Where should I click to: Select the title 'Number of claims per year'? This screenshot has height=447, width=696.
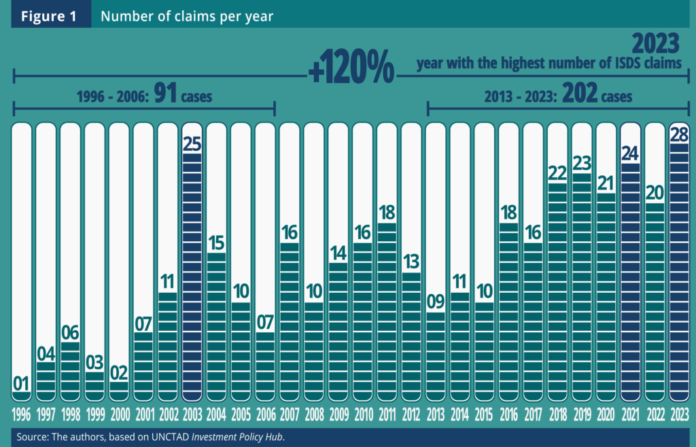tap(187, 16)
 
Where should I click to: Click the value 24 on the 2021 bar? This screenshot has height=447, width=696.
tap(631, 153)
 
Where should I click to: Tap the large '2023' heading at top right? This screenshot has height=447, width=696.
tap(655, 44)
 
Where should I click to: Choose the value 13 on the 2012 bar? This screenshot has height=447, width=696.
tap(411, 262)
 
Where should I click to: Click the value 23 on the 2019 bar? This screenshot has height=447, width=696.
tap(582, 163)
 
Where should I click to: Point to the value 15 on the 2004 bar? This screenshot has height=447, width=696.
tap(217, 243)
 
